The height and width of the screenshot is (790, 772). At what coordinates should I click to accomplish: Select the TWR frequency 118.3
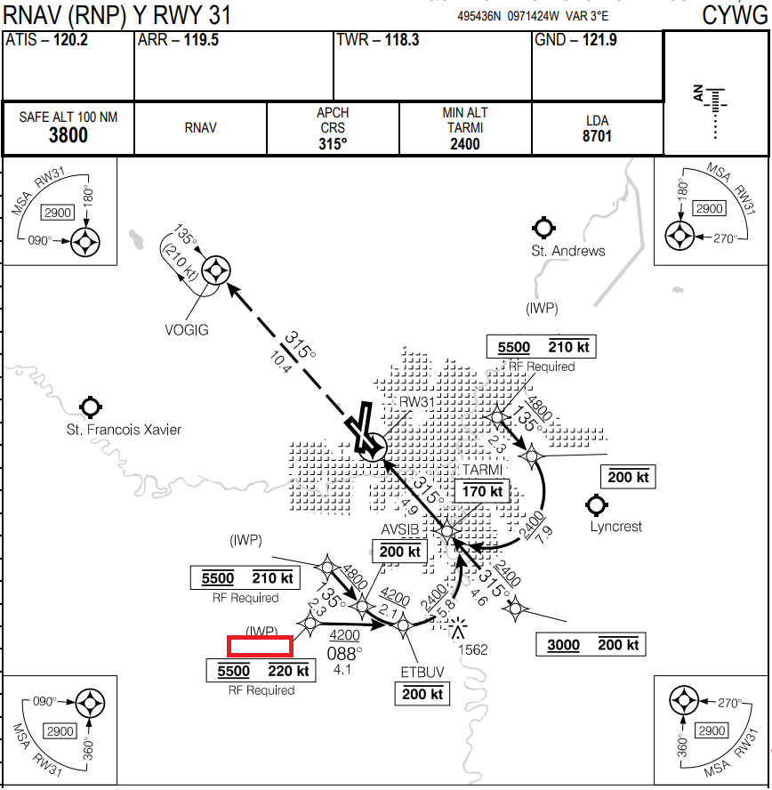402,40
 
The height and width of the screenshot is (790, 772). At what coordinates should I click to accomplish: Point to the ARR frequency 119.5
201,40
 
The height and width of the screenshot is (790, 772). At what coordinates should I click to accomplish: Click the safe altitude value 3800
68,135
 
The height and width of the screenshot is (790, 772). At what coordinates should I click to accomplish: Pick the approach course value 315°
333,144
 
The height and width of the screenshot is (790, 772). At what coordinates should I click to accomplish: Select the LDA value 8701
598,136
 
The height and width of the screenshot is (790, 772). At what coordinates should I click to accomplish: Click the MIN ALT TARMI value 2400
464,144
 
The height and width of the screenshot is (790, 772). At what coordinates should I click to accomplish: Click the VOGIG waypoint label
187,330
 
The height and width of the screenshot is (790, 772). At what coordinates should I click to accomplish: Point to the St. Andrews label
568,251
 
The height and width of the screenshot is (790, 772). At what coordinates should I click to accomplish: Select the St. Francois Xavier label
124,430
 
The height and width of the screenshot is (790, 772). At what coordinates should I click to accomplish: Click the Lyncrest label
615,527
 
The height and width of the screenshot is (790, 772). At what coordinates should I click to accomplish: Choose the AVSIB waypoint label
399,530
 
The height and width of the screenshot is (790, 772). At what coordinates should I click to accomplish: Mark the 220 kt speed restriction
288,671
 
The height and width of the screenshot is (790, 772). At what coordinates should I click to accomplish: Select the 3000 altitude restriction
564,645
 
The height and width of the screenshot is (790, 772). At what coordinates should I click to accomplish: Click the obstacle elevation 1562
472,649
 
